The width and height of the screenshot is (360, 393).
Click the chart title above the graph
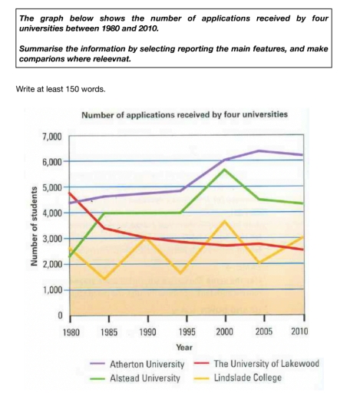pyautogui.click(x=183, y=115)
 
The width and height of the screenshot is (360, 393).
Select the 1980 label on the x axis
pyautogui.click(x=71, y=332)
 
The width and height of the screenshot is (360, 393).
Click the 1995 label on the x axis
pyautogui.click(x=187, y=332)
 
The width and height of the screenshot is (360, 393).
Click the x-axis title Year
pyautogui.click(x=187, y=347)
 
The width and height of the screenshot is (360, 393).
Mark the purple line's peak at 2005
pyautogui.click(x=264, y=150)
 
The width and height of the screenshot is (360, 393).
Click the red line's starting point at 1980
pyautogui.click(x=71, y=193)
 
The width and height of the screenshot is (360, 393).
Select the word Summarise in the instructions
pyautogui.click(x=45, y=48)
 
